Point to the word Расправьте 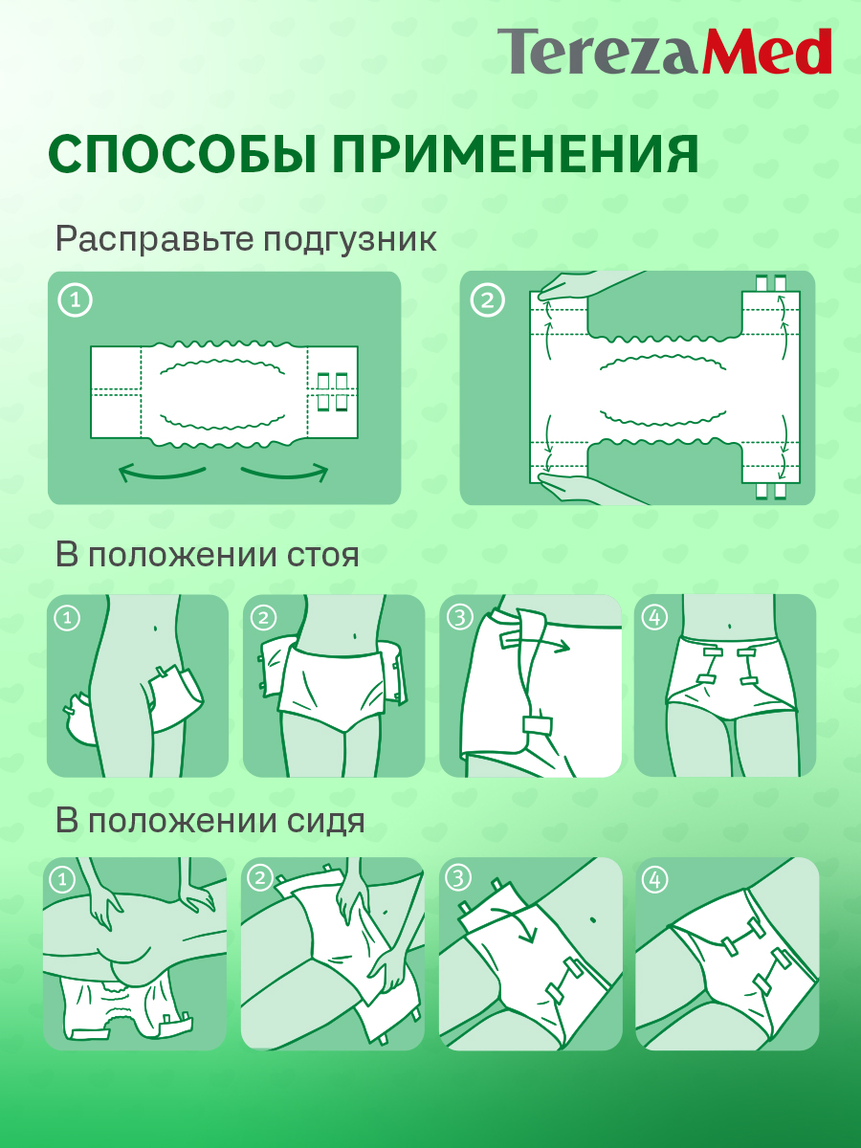click(150, 239)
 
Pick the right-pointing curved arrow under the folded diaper click(285, 472)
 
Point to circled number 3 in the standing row click(460, 618)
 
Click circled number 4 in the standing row click(655, 618)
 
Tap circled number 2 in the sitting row click(259, 877)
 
